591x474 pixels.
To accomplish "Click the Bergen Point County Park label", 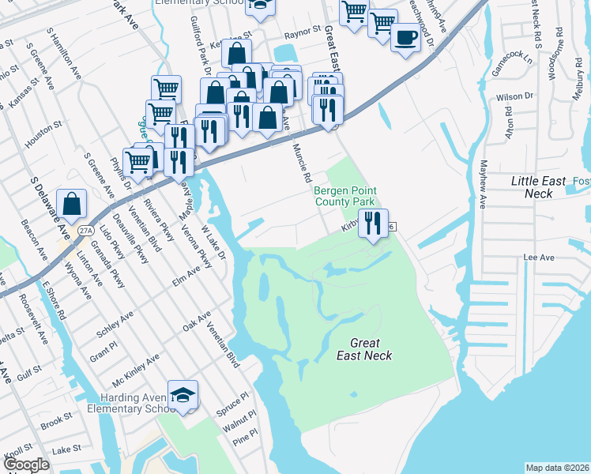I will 345,197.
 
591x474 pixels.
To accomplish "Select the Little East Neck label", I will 539,186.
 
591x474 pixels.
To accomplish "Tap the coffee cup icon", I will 405,37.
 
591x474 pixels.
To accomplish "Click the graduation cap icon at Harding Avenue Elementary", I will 183,395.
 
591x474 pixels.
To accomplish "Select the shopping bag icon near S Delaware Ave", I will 72,204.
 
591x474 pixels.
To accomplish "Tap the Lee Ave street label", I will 535,258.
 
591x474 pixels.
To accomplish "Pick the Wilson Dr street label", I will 514,96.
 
